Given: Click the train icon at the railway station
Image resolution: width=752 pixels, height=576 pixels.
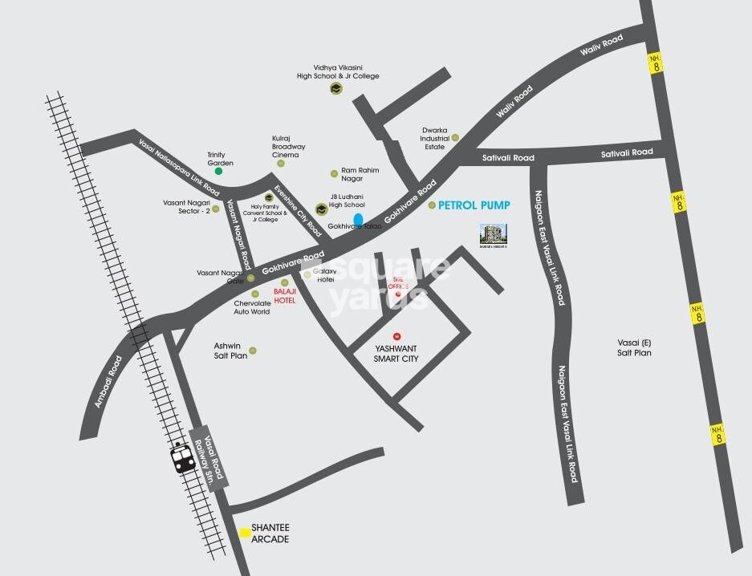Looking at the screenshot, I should coord(181,459).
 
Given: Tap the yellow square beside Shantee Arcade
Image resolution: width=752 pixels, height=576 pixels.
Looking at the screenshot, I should coord(244,531).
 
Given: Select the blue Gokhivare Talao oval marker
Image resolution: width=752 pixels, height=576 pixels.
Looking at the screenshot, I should coord(359,218).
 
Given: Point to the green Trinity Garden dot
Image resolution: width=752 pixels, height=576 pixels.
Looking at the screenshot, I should coord(218,171).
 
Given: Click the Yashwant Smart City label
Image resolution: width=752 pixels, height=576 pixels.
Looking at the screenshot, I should coord(396,354).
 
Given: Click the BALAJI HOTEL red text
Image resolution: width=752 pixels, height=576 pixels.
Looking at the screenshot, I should coord(285,295).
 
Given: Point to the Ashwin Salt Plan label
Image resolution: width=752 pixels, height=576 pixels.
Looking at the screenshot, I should coord(231,350).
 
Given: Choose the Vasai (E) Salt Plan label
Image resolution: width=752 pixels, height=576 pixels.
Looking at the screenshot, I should coord(634,347).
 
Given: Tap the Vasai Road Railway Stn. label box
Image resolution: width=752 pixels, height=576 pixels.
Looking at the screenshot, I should coord(214,455).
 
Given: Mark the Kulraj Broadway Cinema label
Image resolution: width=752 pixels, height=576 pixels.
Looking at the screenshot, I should coord(288,147).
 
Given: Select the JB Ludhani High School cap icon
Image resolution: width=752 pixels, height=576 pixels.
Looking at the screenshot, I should coord(321,209).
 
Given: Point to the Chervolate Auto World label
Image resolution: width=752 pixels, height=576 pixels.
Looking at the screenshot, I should coord(252,306).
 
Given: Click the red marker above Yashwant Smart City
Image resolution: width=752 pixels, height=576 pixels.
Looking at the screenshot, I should coord(396,336).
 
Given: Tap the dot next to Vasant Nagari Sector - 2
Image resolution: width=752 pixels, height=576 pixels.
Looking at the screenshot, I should coord(215,209).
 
